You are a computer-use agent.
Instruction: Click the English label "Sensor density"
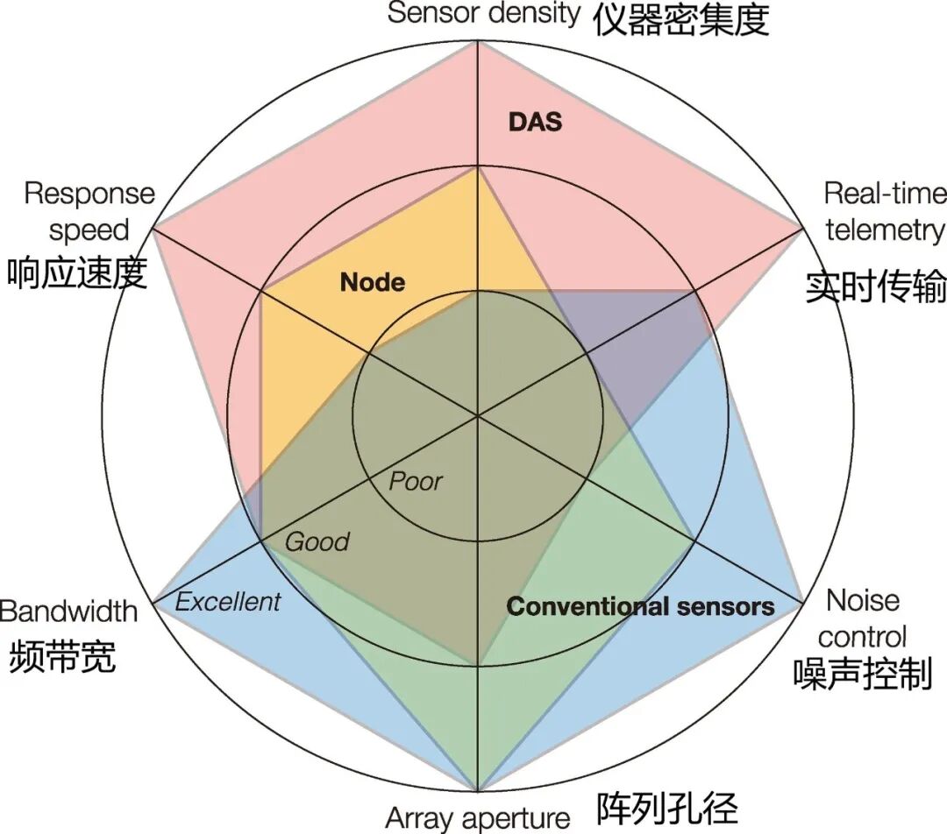(x=484, y=13)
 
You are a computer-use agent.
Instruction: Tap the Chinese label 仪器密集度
(x=680, y=18)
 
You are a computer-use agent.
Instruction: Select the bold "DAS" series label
(x=535, y=121)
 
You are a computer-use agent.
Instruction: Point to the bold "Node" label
(x=373, y=282)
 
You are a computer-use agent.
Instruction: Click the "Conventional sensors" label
(x=641, y=606)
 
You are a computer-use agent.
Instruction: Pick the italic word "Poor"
(x=416, y=481)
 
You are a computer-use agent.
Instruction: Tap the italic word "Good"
(x=317, y=541)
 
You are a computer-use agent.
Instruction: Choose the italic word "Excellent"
(x=228, y=601)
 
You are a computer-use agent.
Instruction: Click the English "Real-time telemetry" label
(x=885, y=211)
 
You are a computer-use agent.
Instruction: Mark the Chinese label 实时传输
(x=876, y=287)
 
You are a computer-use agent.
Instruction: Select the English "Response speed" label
(x=89, y=211)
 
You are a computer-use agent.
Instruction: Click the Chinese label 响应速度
(x=76, y=273)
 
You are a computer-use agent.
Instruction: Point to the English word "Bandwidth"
(x=69, y=611)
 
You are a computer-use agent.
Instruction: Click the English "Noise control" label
(x=865, y=618)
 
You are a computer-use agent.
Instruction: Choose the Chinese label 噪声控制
(x=861, y=674)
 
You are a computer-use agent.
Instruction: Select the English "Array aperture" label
(x=478, y=818)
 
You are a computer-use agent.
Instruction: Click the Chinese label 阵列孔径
(x=667, y=808)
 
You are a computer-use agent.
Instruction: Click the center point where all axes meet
(x=477, y=415)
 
